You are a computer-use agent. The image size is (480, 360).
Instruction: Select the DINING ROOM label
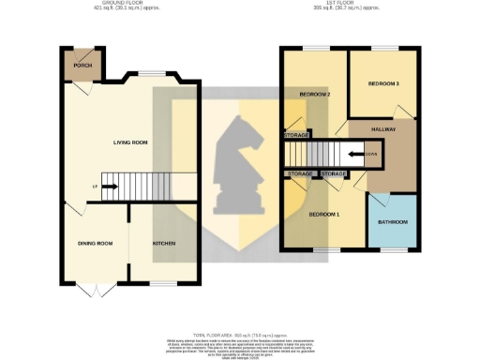pyautogui.click(x=95, y=244)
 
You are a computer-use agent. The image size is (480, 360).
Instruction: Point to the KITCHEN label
pyautogui.click(x=164, y=244)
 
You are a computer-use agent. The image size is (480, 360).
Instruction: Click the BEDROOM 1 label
pyautogui.click(x=325, y=215)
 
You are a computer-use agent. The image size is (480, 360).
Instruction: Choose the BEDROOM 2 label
pyautogui.click(x=315, y=95)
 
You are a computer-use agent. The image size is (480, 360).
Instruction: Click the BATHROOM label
pyautogui.click(x=393, y=222)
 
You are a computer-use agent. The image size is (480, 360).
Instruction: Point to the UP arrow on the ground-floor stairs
pyautogui.click(x=106, y=187)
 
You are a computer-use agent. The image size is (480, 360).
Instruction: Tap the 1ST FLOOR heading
pyautogui.click(x=356, y=5)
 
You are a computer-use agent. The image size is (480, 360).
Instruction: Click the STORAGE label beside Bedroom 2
pyautogui.click(x=295, y=135)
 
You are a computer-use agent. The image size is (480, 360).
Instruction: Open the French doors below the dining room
pyautogui.click(x=97, y=284)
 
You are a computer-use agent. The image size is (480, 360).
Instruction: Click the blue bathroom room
pyautogui.click(x=393, y=222)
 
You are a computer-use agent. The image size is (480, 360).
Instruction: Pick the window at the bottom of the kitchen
pyautogui.click(x=165, y=283)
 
